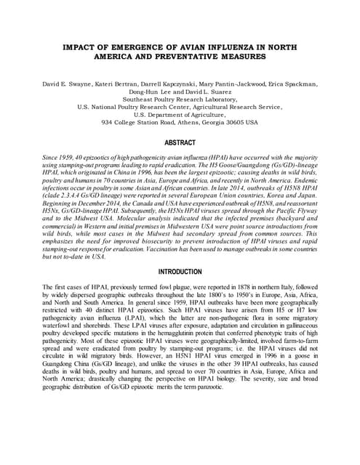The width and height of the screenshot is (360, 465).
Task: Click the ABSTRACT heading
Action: (180, 143)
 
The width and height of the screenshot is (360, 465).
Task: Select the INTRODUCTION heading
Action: (180, 271)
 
